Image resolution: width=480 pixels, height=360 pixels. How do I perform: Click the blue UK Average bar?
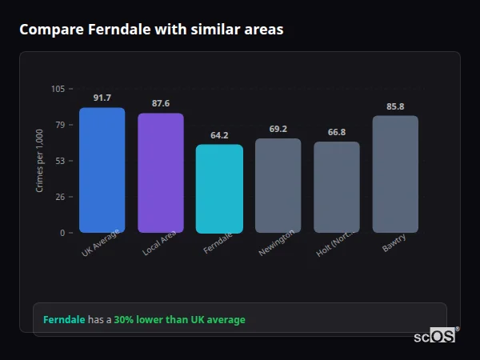(x=102, y=170)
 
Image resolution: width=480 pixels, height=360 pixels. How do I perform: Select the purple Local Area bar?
(x=160, y=173)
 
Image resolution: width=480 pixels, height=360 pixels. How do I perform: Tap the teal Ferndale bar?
(x=219, y=189)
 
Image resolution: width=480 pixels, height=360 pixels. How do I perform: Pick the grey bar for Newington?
(x=278, y=186)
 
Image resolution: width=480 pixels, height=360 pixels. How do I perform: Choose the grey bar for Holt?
(x=336, y=187)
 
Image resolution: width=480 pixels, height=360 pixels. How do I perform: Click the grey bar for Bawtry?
(x=395, y=174)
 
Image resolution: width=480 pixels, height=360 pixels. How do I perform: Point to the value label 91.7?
(x=102, y=98)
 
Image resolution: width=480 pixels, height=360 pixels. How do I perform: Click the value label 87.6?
(x=160, y=103)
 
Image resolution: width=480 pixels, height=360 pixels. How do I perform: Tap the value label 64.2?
(x=219, y=135)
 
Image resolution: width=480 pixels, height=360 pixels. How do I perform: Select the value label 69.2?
(x=278, y=129)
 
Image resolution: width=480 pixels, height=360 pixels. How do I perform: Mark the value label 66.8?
(x=336, y=132)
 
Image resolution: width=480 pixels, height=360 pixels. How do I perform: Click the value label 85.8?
(x=395, y=106)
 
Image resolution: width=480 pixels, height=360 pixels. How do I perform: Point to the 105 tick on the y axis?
(x=58, y=89)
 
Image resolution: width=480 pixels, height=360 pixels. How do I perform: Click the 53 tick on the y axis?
(x=60, y=161)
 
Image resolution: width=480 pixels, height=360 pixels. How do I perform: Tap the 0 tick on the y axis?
(x=62, y=233)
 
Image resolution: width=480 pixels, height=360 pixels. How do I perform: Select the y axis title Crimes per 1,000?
(x=40, y=160)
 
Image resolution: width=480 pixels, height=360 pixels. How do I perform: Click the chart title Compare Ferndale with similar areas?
(x=151, y=30)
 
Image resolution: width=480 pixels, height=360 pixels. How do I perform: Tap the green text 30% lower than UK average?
(x=179, y=320)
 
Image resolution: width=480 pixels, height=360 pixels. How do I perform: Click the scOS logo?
(x=434, y=336)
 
